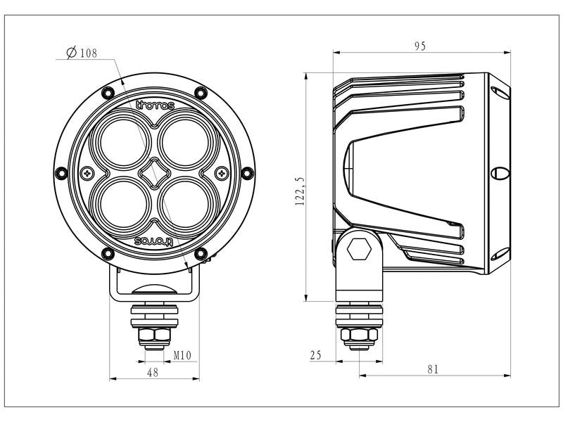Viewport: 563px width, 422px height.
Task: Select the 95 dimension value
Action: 419,46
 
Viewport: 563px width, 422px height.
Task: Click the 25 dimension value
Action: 315,355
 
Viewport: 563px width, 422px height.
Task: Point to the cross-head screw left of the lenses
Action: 87,172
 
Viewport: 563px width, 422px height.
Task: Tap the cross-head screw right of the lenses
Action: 222,172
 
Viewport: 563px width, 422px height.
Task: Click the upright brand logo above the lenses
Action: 153,106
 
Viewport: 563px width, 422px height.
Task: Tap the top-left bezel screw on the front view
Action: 107,91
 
